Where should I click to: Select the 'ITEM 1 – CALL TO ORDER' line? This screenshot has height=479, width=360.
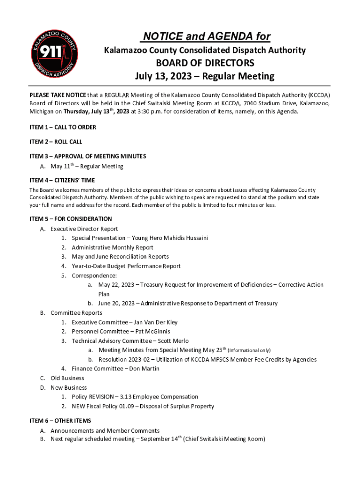[63, 127]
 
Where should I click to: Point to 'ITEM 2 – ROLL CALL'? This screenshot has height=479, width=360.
[56, 142]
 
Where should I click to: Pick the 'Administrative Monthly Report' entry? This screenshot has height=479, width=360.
[113, 247]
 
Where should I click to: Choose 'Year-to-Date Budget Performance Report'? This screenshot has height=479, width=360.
[126, 266]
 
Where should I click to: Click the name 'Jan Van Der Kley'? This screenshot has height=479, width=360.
[156, 322]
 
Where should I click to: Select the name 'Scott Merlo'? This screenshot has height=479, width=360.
[173, 341]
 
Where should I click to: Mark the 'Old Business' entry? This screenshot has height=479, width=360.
[67, 378]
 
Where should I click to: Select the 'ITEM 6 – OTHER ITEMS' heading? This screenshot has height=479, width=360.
[60, 421]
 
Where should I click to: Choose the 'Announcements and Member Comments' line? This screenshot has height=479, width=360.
[105, 431]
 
